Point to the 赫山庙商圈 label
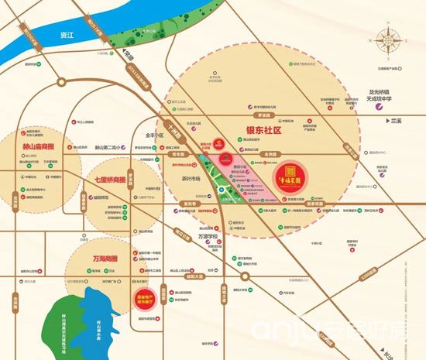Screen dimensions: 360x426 tap(32, 145)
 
